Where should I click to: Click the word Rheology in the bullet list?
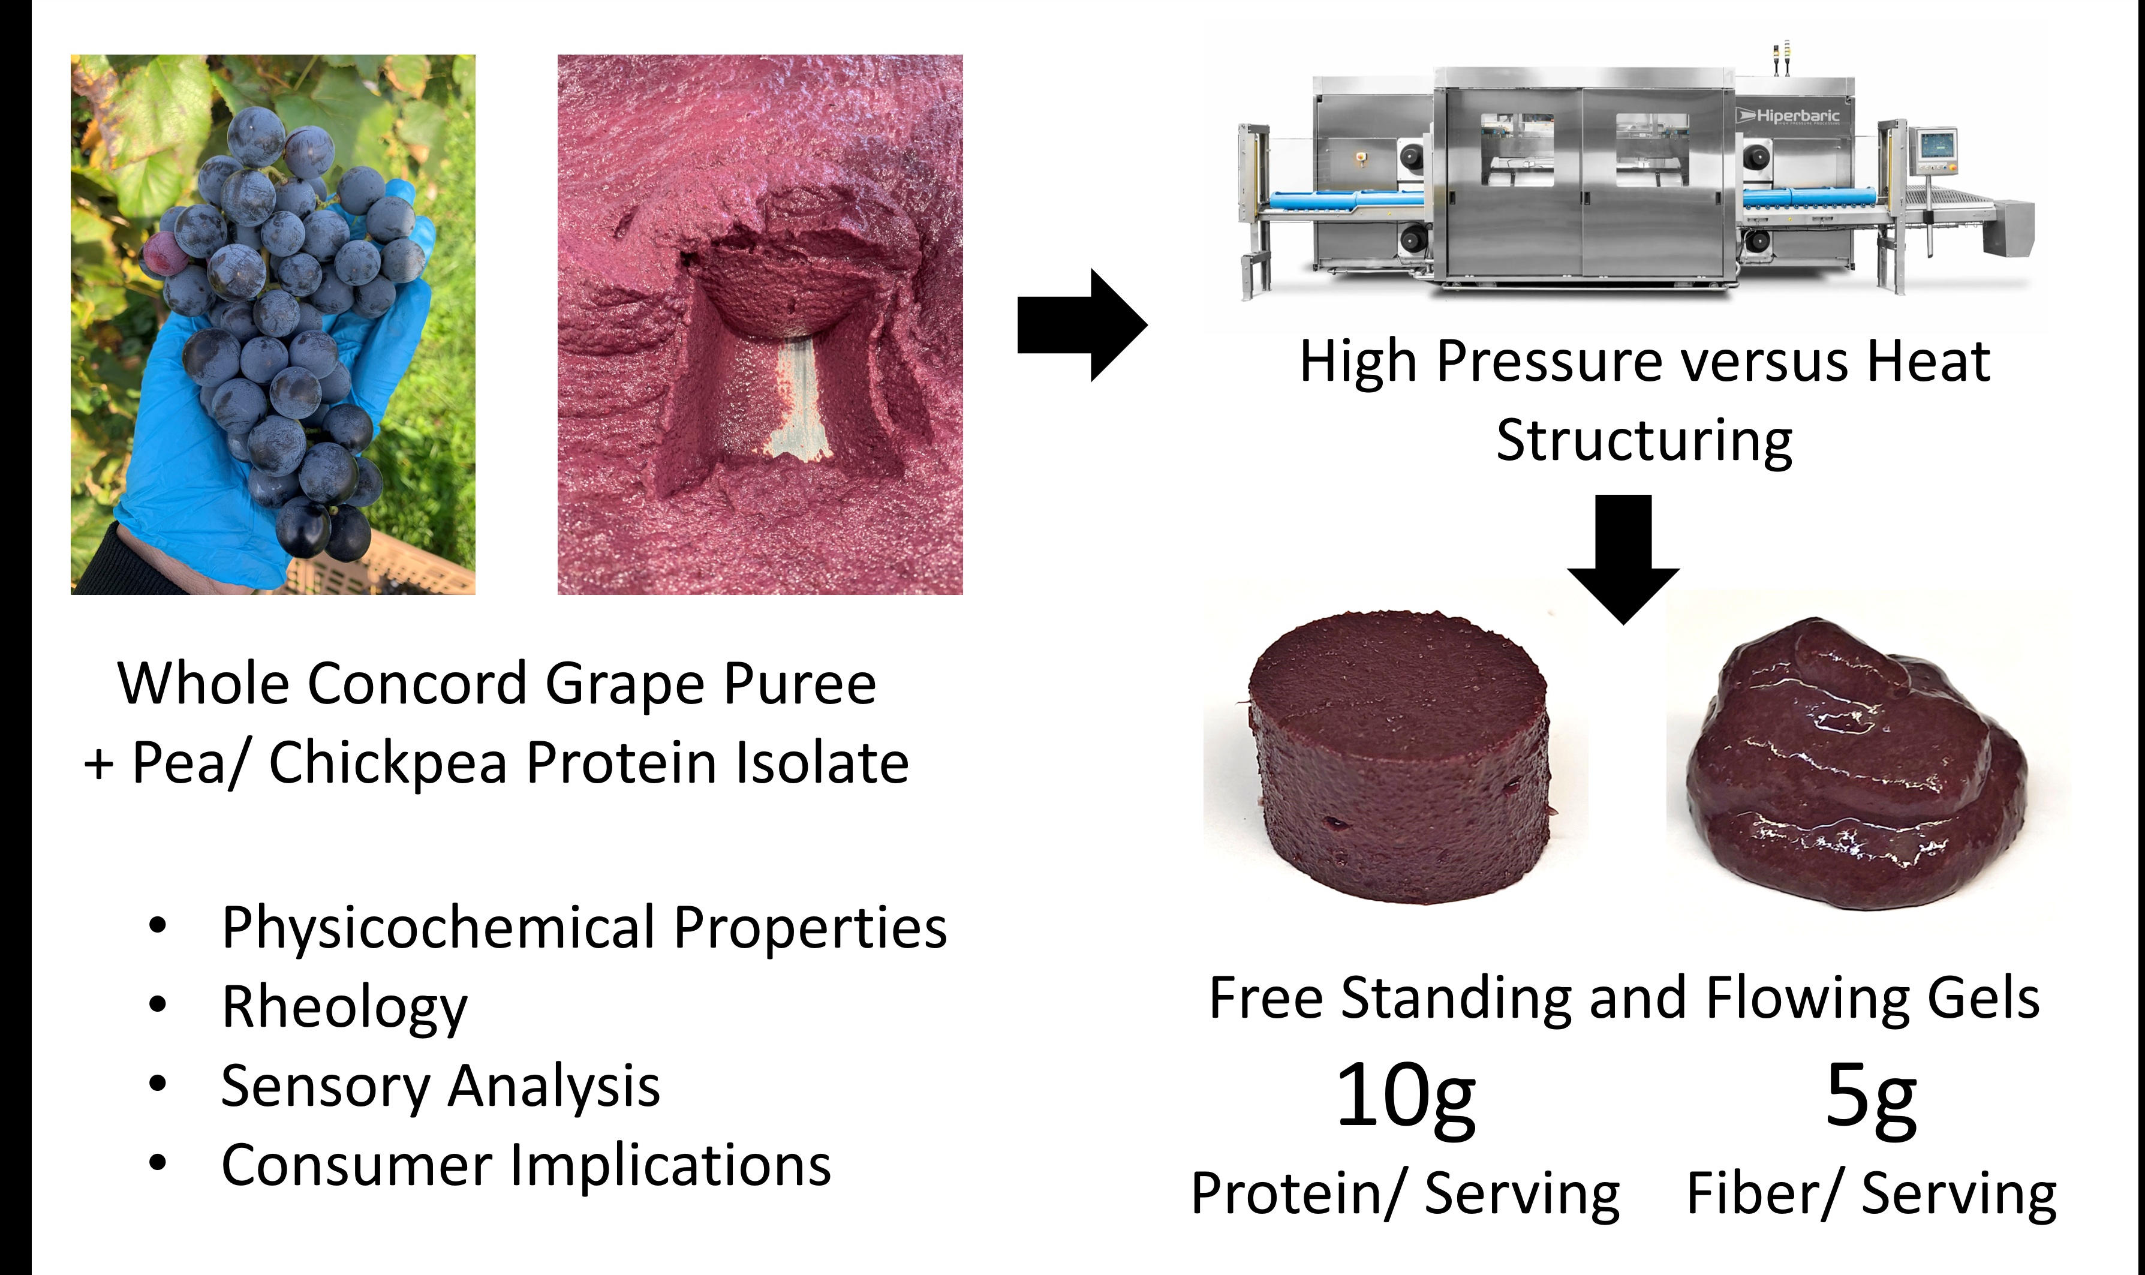click(344, 1008)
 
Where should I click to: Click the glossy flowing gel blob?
click(1855, 765)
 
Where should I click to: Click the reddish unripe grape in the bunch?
click(163, 254)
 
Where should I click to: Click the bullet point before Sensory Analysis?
click(157, 1084)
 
